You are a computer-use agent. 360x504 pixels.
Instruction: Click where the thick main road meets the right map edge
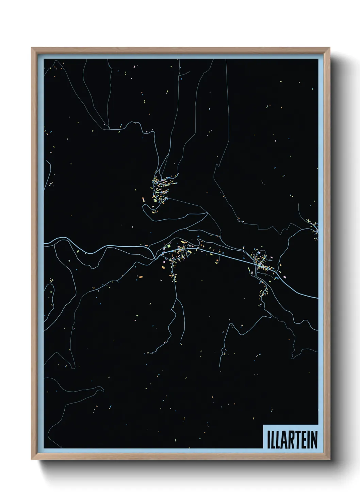point(317,298)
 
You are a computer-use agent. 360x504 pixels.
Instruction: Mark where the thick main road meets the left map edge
point(45,243)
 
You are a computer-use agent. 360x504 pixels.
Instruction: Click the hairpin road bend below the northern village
point(144,207)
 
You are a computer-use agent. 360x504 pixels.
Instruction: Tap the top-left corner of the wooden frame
point(32,48)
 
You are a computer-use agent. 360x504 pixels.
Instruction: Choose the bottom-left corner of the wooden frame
point(32,459)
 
